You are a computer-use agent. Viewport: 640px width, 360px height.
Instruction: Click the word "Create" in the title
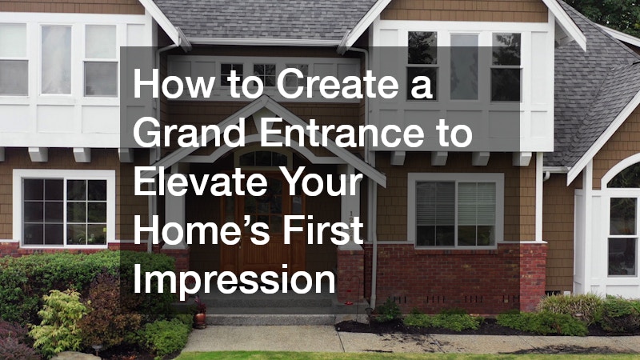click(x=337, y=83)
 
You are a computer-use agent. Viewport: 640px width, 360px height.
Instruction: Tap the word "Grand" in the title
click(x=190, y=132)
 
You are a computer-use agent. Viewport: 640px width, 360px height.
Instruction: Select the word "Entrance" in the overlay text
click(x=342, y=132)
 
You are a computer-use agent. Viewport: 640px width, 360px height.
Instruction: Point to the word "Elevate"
click(x=200, y=182)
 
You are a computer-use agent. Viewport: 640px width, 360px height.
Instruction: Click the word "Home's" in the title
click(x=202, y=230)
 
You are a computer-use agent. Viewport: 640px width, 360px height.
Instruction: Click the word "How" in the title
click(x=174, y=83)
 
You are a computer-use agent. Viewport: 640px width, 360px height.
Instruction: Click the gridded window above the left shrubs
click(x=65, y=212)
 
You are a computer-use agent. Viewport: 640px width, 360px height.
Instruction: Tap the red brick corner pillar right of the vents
click(x=533, y=277)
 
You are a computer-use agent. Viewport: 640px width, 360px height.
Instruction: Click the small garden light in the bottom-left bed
click(x=97, y=350)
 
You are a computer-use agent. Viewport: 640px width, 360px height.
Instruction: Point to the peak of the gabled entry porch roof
click(x=265, y=97)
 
